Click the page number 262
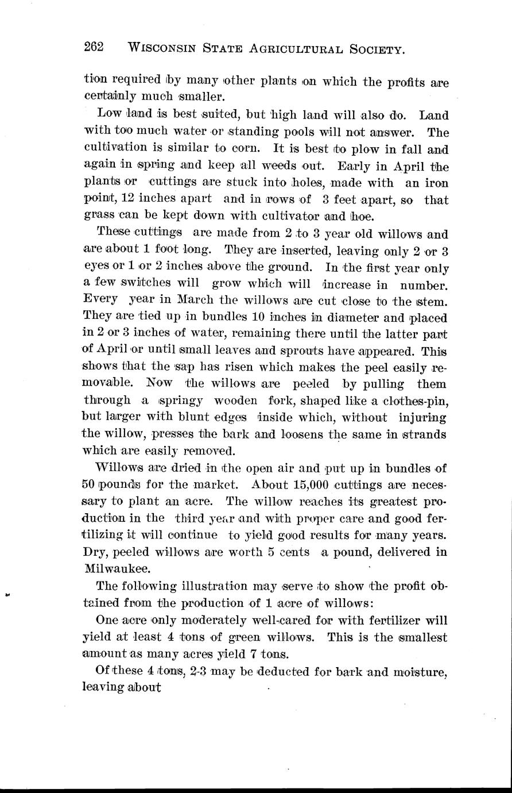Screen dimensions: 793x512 (x=93, y=47)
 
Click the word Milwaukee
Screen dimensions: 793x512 (x=117, y=568)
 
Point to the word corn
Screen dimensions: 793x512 (x=248, y=151)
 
